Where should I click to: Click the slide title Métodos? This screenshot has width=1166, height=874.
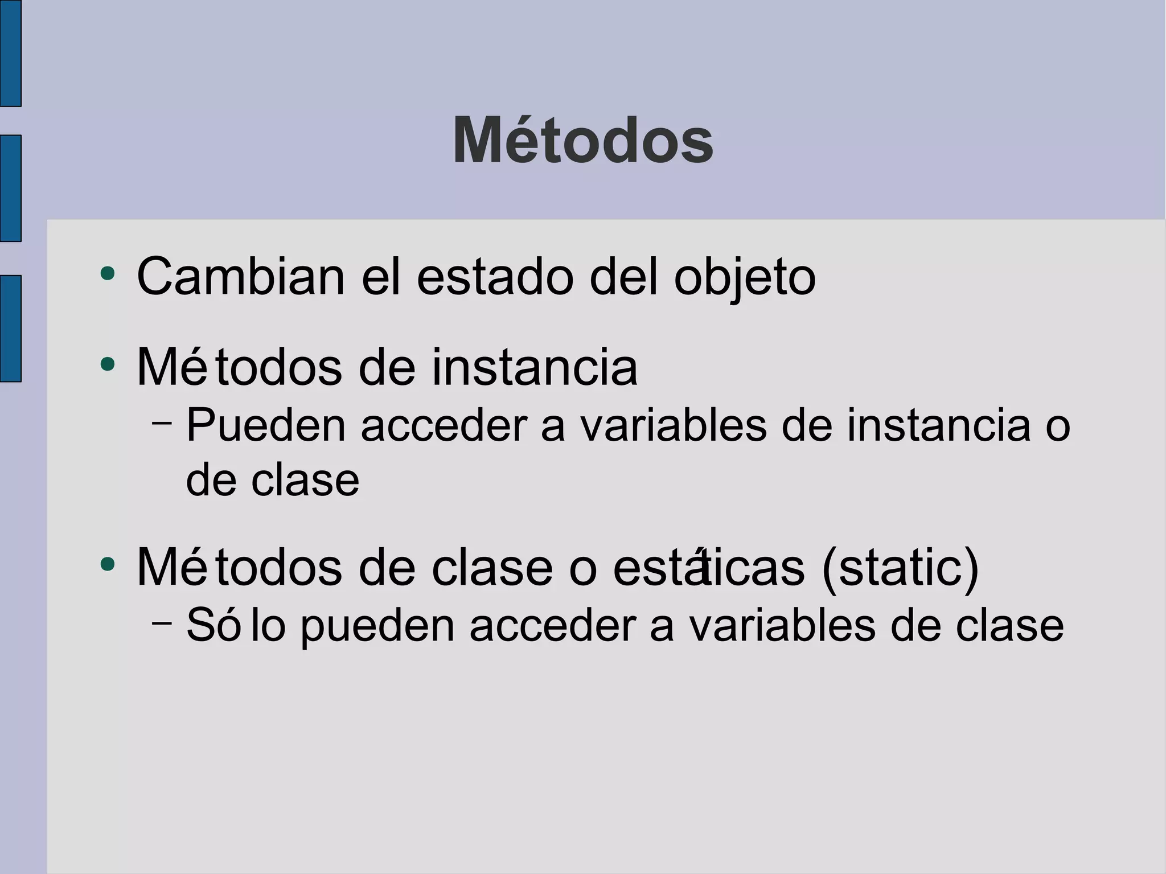(x=582, y=141)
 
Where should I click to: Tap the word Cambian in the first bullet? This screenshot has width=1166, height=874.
(x=241, y=277)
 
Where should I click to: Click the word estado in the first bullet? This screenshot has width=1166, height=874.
(x=495, y=277)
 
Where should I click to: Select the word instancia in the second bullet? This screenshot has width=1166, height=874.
(x=535, y=367)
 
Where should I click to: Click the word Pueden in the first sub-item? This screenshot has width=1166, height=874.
(x=266, y=425)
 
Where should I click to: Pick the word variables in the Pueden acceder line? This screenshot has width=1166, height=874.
(x=674, y=425)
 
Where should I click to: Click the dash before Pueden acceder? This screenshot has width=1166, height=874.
(x=162, y=422)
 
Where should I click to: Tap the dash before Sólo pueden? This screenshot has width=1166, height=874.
(x=162, y=622)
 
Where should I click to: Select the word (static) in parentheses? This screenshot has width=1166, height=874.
(x=900, y=568)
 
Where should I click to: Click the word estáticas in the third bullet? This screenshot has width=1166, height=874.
(x=709, y=568)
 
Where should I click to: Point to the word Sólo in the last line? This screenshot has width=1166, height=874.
(x=236, y=625)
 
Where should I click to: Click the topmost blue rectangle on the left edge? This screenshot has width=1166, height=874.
(x=10, y=53)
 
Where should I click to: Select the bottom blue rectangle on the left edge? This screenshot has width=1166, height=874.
(x=10, y=328)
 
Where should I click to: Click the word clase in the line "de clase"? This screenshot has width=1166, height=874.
(x=305, y=480)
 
